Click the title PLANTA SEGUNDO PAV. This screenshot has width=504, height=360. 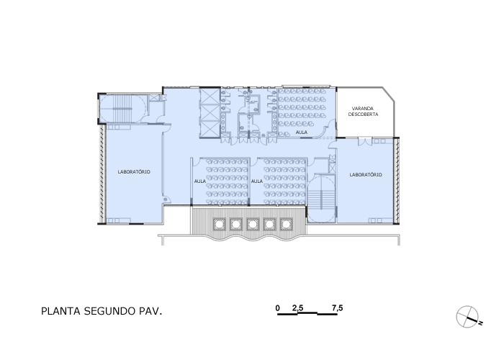[102, 311]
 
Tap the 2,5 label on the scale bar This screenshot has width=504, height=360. [297, 308]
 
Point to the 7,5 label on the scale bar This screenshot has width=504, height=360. [338, 308]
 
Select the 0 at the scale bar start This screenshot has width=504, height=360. [278, 308]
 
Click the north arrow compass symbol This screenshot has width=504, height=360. [468, 317]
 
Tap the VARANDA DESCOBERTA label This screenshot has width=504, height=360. [363, 111]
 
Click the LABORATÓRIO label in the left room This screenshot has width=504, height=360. [134, 172]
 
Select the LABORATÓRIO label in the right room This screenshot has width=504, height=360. [366, 174]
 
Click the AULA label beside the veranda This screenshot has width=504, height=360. [302, 132]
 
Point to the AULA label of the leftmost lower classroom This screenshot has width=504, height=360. [200, 181]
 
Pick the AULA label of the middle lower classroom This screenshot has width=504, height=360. [257, 181]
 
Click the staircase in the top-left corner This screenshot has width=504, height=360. [122, 109]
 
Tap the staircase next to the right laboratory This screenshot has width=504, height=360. [321, 199]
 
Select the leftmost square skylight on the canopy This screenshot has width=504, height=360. [220, 224]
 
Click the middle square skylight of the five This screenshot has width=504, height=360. [253, 224]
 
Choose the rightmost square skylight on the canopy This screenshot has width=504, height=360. [286, 224]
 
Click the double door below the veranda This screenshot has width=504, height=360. [365, 141]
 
